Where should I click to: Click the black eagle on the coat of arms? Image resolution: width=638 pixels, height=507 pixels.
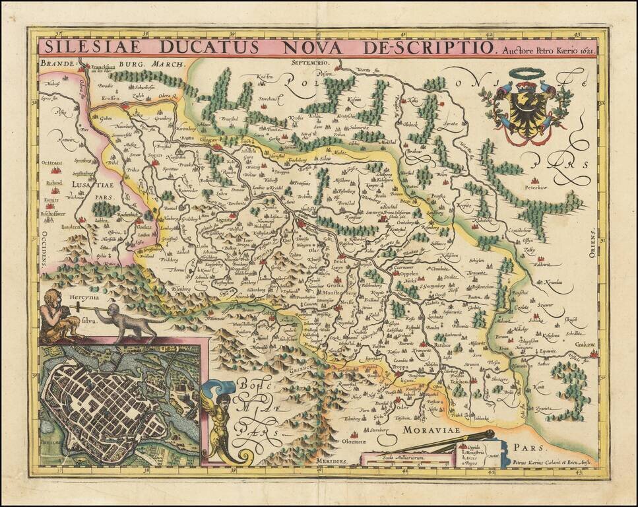527,106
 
